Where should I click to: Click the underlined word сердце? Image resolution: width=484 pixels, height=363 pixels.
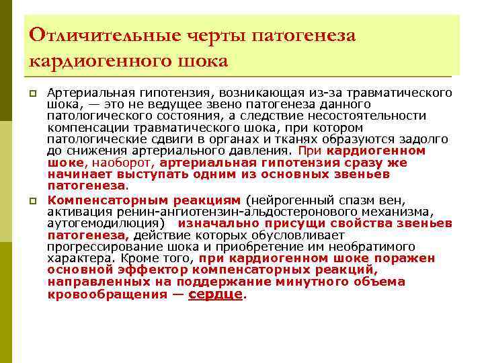[x=215, y=294]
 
